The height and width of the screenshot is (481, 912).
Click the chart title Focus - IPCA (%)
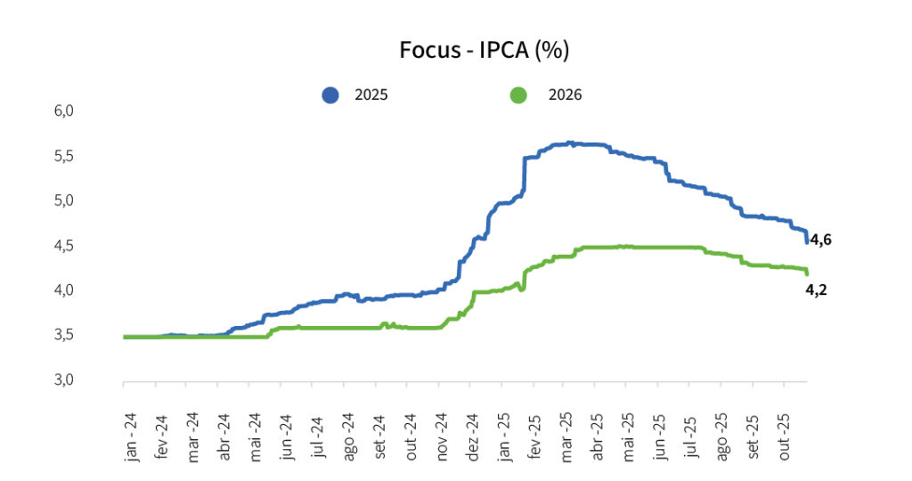click(484, 51)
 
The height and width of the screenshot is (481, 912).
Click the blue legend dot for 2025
click(331, 94)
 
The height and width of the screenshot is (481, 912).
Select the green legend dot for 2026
click(517, 94)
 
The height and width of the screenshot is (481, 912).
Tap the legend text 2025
click(371, 94)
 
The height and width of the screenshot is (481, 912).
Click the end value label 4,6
click(820, 240)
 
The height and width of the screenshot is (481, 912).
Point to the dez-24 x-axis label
click(473, 436)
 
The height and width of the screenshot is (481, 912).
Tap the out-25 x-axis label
click(786, 436)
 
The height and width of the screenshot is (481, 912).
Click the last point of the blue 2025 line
click(807, 241)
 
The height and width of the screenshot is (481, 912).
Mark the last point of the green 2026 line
click(807, 273)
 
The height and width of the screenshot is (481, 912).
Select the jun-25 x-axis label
click(661, 436)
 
